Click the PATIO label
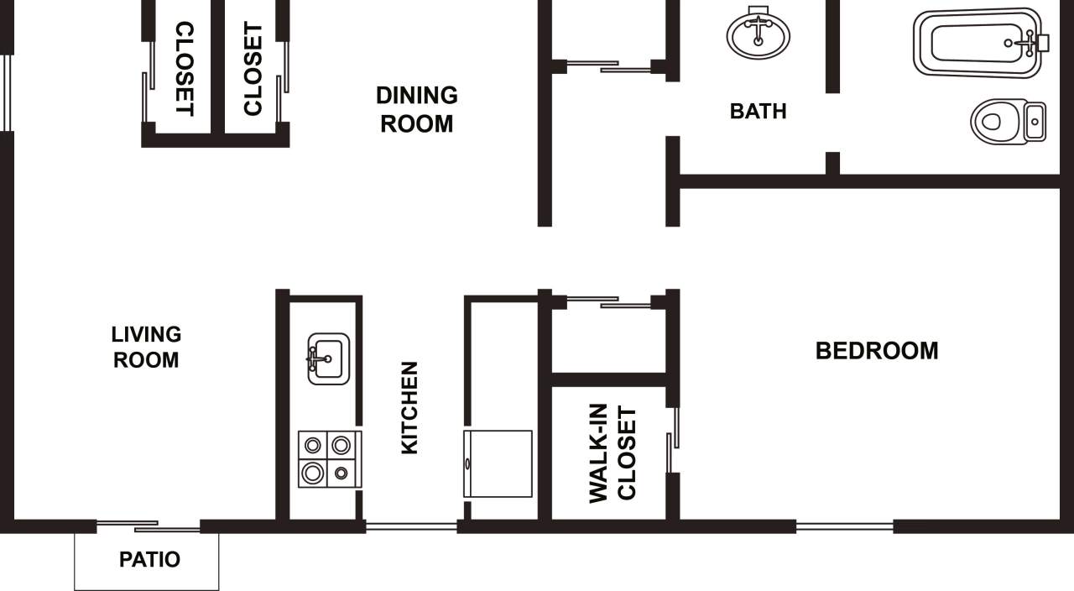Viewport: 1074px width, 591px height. tap(149, 559)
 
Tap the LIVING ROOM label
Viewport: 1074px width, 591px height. tap(146, 347)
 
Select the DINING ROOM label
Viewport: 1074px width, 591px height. tap(416, 109)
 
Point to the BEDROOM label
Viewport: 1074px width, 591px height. tap(877, 350)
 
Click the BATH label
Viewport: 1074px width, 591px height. tap(758, 111)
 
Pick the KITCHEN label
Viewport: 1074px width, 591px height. tap(409, 408)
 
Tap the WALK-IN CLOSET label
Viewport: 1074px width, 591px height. tap(613, 454)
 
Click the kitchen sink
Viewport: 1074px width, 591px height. tap(328, 358)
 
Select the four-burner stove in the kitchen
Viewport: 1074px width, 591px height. tap(329, 459)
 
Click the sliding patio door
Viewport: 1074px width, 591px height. tap(149, 526)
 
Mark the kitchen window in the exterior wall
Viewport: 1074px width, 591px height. tap(411, 527)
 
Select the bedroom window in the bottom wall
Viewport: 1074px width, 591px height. tap(844, 527)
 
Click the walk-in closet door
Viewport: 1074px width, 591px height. tap(673, 440)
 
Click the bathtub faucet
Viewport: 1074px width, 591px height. tap(1028, 41)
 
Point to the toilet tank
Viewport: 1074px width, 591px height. tap(1035, 122)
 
